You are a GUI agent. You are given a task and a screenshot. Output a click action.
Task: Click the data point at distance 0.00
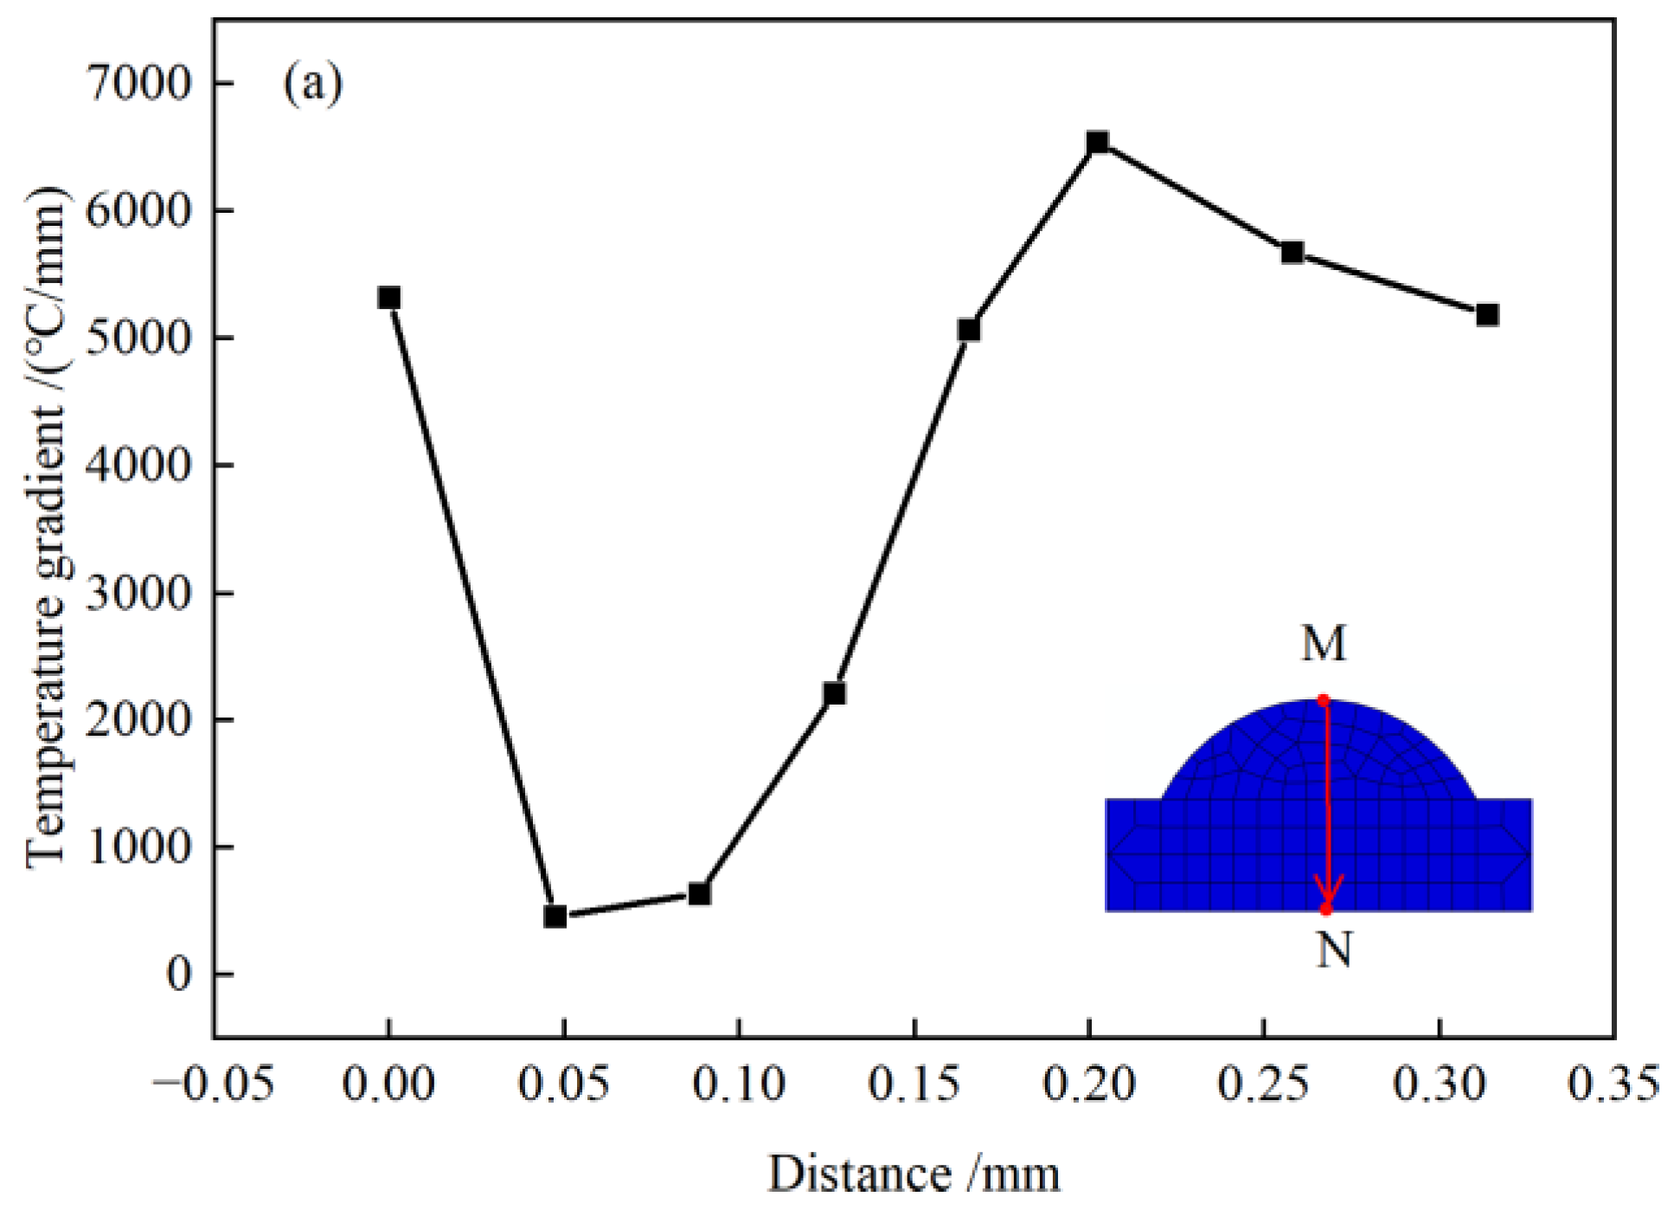[389, 298]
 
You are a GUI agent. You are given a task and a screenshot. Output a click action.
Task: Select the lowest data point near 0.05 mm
[555, 916]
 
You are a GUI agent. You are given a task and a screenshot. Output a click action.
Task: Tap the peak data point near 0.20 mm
[1097, 142]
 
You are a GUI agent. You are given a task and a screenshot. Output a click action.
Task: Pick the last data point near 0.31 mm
[1487, 314]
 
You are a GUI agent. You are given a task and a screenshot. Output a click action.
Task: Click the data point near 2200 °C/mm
[834, 693]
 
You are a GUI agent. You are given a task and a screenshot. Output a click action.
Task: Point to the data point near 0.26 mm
[1292, 252]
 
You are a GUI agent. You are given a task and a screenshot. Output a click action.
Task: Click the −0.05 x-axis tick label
[213, 1084]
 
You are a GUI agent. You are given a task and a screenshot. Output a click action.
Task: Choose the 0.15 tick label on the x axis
[914, 1084]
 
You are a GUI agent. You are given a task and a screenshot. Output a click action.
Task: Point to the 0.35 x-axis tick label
[1613, 1084]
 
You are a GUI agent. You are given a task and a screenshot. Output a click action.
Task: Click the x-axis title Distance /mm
[914, 1175]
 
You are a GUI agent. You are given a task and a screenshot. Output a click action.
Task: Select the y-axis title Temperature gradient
[47, 528]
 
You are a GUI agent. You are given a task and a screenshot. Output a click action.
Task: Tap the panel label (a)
[313, 84]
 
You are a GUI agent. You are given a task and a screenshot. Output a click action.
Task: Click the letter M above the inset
[1324, 643]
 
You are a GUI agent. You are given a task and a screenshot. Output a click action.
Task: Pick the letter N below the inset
[1334, 949]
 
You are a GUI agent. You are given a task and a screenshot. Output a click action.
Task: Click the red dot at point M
[1323, 700]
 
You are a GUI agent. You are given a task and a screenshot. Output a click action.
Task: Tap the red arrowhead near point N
[1328, 890]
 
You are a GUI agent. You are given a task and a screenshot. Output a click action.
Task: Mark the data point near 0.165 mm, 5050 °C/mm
[969, 330]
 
